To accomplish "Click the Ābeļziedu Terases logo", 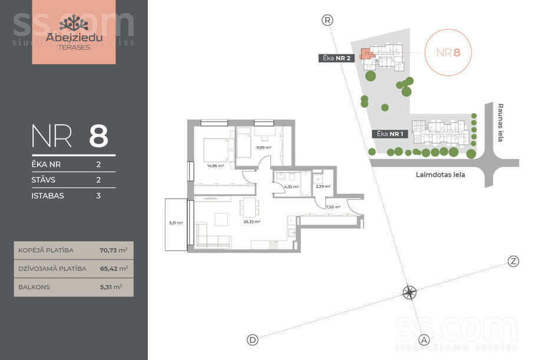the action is pyautogui.click(x=74, y=32).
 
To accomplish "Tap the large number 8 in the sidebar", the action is pyautogui.click(x=98, y=136).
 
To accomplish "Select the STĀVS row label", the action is pyautogui.click(x=44, y=180).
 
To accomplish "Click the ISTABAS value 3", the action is pyautogui.click(x=98, y=196).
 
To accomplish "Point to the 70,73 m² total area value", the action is pyautogui.click(x=114, y=250).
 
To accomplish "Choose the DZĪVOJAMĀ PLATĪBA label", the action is pyautogui.click(x=52, y=269).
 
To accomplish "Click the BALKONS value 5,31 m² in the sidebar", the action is pyautogui.click(x=111, y=287).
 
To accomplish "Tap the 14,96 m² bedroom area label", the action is pyautogui.click(x=216, y=166).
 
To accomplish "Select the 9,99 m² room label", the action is pyautogui.click(x=263, y=148).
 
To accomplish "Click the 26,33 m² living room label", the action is pyautogui.click(x=252, y=222).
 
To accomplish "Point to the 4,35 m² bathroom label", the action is pyautogui.click(x=291, y=187).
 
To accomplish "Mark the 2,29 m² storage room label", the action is pyautogui.click(x=323, y=187).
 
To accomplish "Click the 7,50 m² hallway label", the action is pyautogui.click(x=333, y=207).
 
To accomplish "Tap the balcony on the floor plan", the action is pyautogui.click(x=176, y=224).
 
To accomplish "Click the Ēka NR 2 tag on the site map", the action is pyautogui.click(x=336, y=58).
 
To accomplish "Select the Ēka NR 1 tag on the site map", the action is pyautogui.click(x=390, y=134).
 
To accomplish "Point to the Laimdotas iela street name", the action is pyautogui.click(x=441, y=175).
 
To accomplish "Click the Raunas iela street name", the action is pyautogui.click(x=501, y=123).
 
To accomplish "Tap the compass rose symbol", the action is pyautogui.click(x=409, y=293).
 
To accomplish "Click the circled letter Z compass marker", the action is pyautogui.click(x=513, y=262).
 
